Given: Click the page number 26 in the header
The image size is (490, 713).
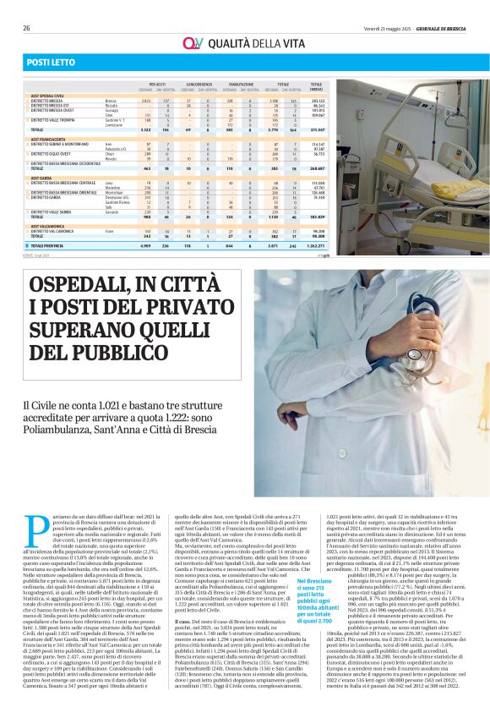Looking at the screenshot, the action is [x=27, y=28].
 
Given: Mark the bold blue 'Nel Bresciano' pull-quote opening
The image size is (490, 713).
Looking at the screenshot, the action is [x=314, y=582].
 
